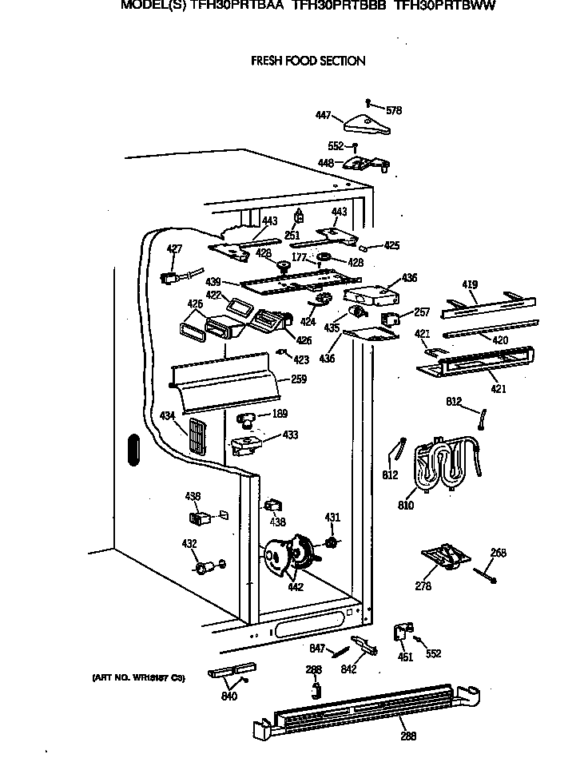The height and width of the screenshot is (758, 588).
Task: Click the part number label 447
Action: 323,116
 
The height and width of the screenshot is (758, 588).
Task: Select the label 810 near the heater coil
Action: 407,505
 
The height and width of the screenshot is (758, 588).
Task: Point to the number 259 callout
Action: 299,380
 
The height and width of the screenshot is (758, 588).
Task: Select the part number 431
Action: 332,518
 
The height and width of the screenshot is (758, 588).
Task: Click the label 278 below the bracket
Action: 423,586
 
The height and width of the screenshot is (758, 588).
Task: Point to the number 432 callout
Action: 189,544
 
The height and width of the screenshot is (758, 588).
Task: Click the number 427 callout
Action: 174,249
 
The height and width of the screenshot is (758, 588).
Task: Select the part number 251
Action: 292,236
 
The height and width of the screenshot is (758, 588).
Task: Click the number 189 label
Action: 280,414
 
